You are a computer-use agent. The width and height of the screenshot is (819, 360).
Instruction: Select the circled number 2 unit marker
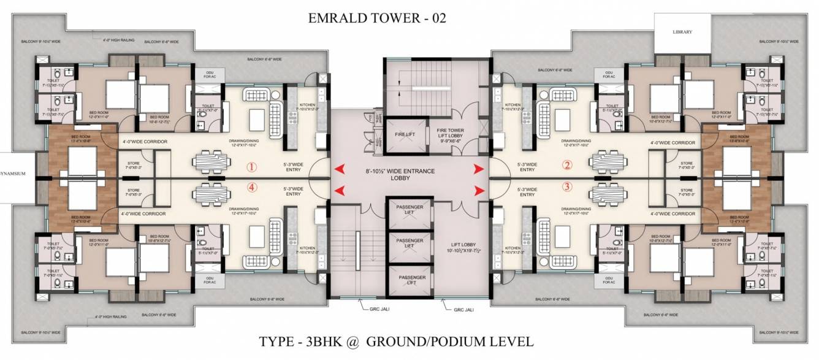tap(567, 164)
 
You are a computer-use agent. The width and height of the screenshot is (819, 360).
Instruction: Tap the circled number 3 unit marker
tap(567, 186)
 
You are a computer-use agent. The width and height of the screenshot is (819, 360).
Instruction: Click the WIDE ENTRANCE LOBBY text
tap(409, 175)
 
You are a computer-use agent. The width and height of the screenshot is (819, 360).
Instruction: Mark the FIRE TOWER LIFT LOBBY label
tap(453, 135)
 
